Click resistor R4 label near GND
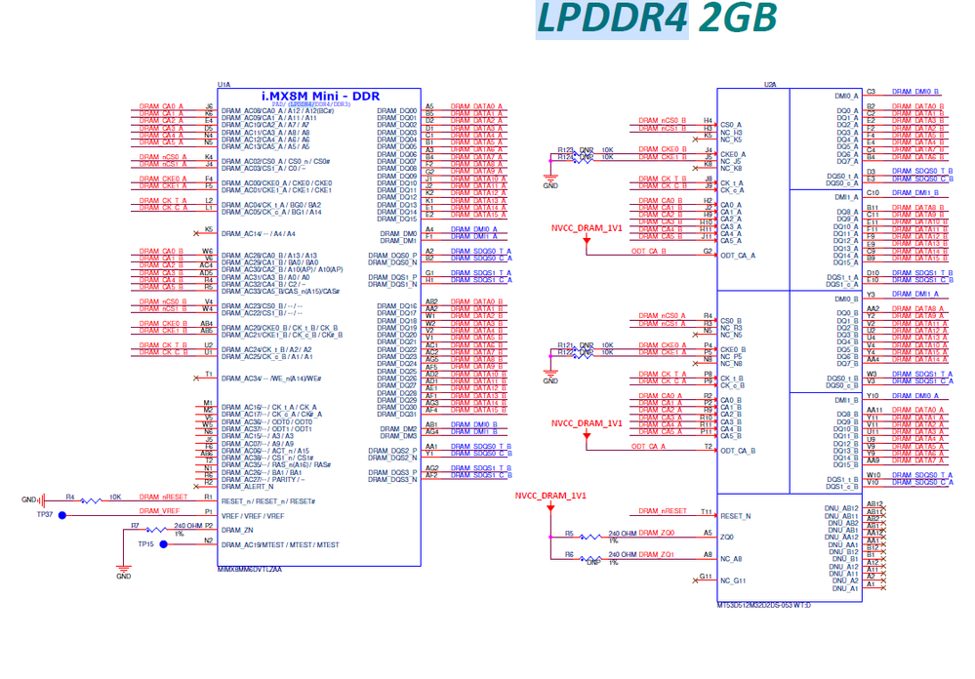click(69, 497)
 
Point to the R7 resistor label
click(135, 526)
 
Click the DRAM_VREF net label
click(159, 510)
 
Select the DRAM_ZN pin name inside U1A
click(239, 529)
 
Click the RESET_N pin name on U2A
click(736, 516)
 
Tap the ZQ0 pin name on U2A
click(726, 537)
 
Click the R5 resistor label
click(569, 533)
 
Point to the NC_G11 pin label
click(732, 580)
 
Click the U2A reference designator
click(770, 85)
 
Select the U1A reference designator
click(223, 85)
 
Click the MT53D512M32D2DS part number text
click(762, 604)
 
